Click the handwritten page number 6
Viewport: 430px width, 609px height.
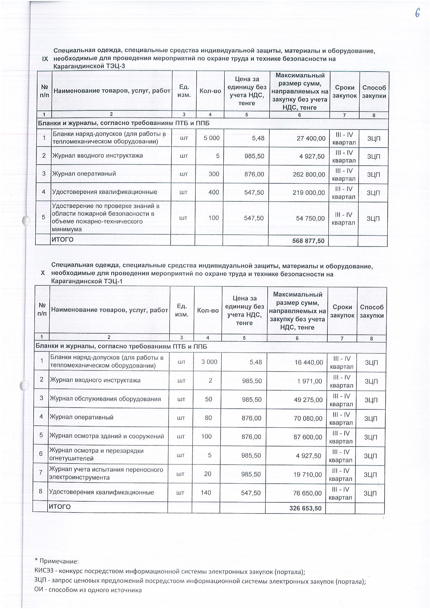click(417, 13)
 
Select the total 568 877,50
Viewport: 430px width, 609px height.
click(308, 241)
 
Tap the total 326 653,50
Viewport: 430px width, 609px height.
click(305, 508)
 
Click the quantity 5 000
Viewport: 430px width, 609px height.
click(212, 138)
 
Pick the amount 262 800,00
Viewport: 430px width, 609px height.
click(309, 174)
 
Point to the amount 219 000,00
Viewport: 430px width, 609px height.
click(309, 192)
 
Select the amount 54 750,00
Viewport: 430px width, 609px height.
click(310, 218)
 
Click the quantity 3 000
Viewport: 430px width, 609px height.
click(209, 362)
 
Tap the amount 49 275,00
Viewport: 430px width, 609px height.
click(308, 400)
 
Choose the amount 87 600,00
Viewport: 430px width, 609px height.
click(308, 437)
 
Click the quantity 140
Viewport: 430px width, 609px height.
click(206, 492)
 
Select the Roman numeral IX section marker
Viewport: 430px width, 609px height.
click(45, 59)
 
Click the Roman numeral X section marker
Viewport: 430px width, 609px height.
click(43, 273)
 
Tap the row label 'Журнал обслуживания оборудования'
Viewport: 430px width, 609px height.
click(105, 399)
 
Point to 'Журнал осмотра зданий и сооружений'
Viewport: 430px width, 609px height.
click(106, 436)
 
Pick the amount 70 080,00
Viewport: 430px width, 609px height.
click(308, 418)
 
